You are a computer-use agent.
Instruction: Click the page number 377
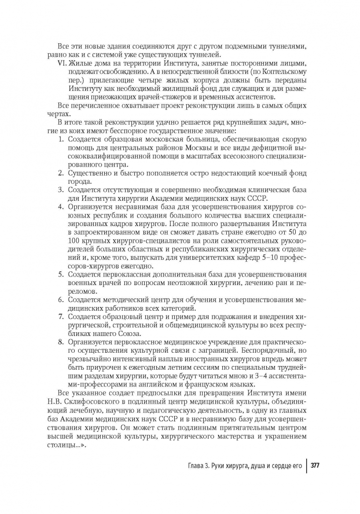(x=315, y=466)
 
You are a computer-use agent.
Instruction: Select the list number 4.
(x=60, y=207)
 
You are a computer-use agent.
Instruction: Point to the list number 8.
(x=60, y=342)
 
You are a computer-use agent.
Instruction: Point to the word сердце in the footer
(x=275, y=466)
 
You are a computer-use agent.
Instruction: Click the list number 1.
(x=60, y=139)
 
